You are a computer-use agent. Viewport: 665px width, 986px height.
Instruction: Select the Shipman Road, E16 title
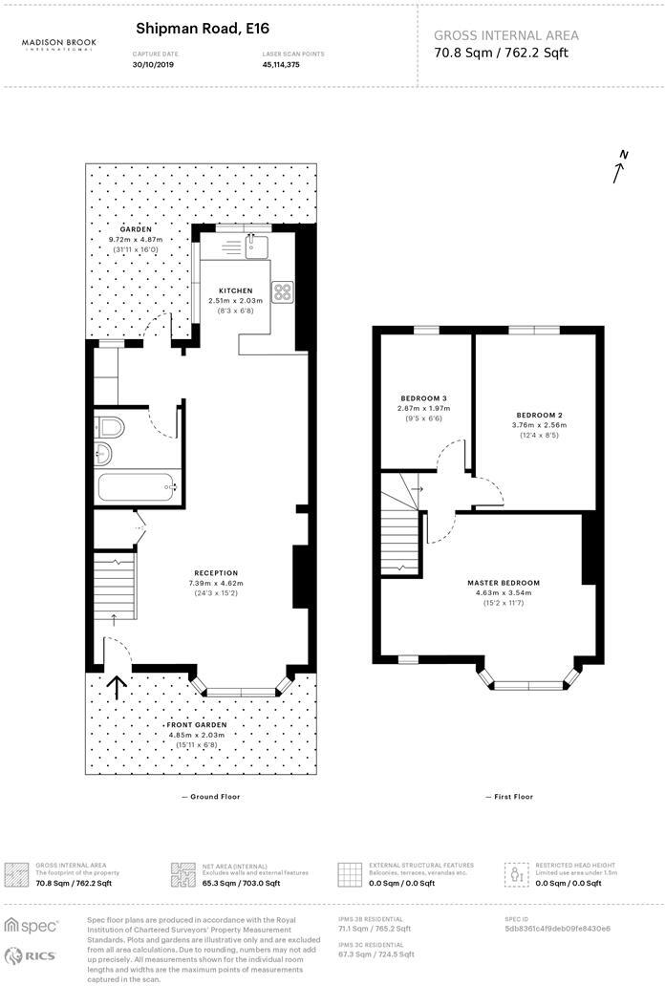(189, 30)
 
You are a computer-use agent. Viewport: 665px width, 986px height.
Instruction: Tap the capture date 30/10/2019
(155, 66)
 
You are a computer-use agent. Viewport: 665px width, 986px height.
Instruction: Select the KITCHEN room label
(235, 290)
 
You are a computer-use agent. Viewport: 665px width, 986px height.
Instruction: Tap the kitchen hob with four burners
(283, 291)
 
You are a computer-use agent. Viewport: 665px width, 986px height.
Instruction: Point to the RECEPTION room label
(214, 573)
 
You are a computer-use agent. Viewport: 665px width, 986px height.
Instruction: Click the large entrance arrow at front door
(118, 688)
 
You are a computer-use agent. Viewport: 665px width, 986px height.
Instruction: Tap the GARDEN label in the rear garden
(136, 228)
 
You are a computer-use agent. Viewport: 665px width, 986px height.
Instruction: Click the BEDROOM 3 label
(422, 397)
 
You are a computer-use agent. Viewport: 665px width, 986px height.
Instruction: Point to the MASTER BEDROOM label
(503, 583)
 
